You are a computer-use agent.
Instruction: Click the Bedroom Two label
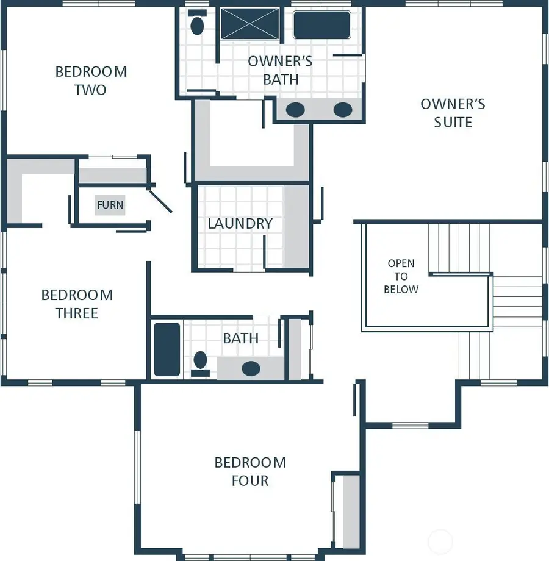[x=91, y=80]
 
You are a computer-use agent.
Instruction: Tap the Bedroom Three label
[x=77, y=304]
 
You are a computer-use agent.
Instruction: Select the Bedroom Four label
[x=250, y=471]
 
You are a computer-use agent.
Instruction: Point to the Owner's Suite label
[x=453, y=113]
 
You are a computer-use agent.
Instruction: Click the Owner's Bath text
[x=281, y=70]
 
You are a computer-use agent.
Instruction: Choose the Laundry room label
[x=240, y=223]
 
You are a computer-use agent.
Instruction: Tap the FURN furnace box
[x=110, y=205]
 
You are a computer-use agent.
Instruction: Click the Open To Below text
[x=401, y=276]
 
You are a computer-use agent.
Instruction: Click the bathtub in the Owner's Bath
[x=321, y=24]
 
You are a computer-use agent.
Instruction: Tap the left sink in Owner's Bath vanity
[x=296, y=110]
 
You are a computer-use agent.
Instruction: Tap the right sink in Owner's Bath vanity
[x=343, y=110]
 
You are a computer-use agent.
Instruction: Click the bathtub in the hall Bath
[x=167, y=349]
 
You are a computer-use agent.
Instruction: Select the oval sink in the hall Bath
[x=251, y=368]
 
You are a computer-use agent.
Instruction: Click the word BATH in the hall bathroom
[x=240, y=338]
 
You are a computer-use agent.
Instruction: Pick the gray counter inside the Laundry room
[x=296, y=226]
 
